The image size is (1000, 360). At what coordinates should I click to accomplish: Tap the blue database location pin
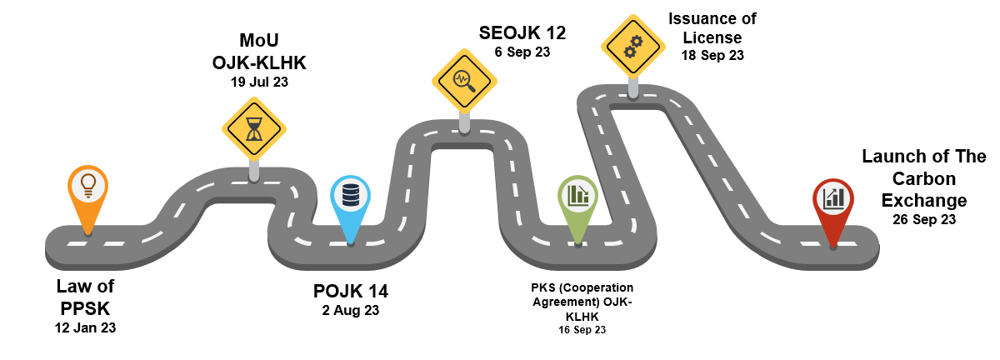pos(350,197)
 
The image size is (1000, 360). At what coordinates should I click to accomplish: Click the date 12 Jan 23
pos(85,327)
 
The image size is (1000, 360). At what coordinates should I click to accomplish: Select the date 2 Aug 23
pos(351,311)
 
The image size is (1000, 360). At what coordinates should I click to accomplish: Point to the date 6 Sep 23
pos(522,52)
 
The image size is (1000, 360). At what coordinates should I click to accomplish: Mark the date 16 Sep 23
pos(582,330)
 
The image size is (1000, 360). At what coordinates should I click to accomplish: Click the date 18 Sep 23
pos(712,55)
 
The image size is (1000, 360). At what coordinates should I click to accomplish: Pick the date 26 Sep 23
pos(923,220)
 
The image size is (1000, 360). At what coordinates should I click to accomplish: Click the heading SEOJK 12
pos(522,33)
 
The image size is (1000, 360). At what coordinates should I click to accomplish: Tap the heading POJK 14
pos(351,292)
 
